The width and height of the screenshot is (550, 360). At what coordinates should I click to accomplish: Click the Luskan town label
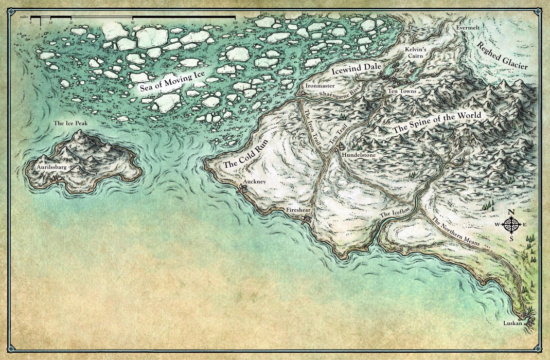pyautogui.click(x=512, y=323)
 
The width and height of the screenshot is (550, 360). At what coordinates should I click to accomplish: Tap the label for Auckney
pyautogui.click(x=254, y=183)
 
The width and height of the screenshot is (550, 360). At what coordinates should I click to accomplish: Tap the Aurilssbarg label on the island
pyautogui.click(x=52, y=167)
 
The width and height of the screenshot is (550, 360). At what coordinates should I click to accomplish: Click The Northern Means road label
pyautogui.click(x=455, y=231)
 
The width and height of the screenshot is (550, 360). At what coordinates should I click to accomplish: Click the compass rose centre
pyautogui.click(x=511, y=225)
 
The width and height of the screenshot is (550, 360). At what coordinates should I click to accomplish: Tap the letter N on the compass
pyautogui.click(x=511, y=212)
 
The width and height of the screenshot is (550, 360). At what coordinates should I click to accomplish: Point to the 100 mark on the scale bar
pyautogui.click(x=235, y=23)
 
